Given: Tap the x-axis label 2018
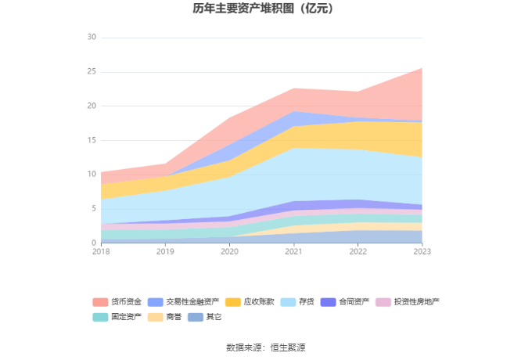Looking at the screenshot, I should (101, 251).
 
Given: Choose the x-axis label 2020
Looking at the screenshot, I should (229, 251).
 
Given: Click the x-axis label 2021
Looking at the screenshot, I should (293, 251).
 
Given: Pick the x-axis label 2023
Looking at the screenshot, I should (422, 251).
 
